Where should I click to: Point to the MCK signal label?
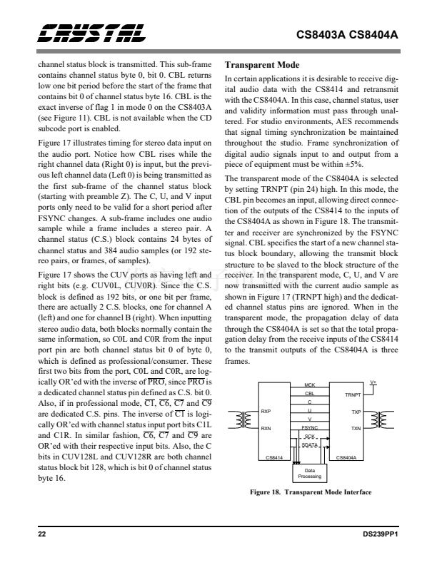tap(309, 385)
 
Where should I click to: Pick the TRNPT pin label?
tap(353, 395)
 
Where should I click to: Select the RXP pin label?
tap(265, 412)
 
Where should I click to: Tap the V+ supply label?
tap(373, 382)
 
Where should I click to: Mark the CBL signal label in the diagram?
tap(309, 393)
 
